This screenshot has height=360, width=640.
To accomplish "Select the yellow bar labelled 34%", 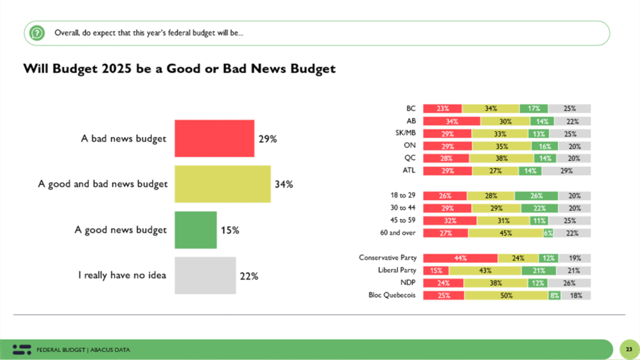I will click(222, 184).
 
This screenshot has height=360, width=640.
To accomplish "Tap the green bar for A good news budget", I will click(195, 229).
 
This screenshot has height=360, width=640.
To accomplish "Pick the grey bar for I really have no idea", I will click(205, 275).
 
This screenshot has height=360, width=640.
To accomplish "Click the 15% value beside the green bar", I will click(229, 229).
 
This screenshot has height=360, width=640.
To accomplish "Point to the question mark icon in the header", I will click(37, 32).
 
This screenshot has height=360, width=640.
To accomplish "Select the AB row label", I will click(411, 121).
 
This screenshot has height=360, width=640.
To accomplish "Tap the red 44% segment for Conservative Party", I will click(460, 257).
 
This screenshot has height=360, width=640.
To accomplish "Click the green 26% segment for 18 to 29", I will click(536, 195).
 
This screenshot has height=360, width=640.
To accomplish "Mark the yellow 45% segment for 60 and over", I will click(505, 232).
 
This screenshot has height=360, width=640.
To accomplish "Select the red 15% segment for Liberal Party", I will click(436, 270).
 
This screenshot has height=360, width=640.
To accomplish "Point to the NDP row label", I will click(408, 282).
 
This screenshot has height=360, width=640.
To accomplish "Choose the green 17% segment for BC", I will click(533, 108).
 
